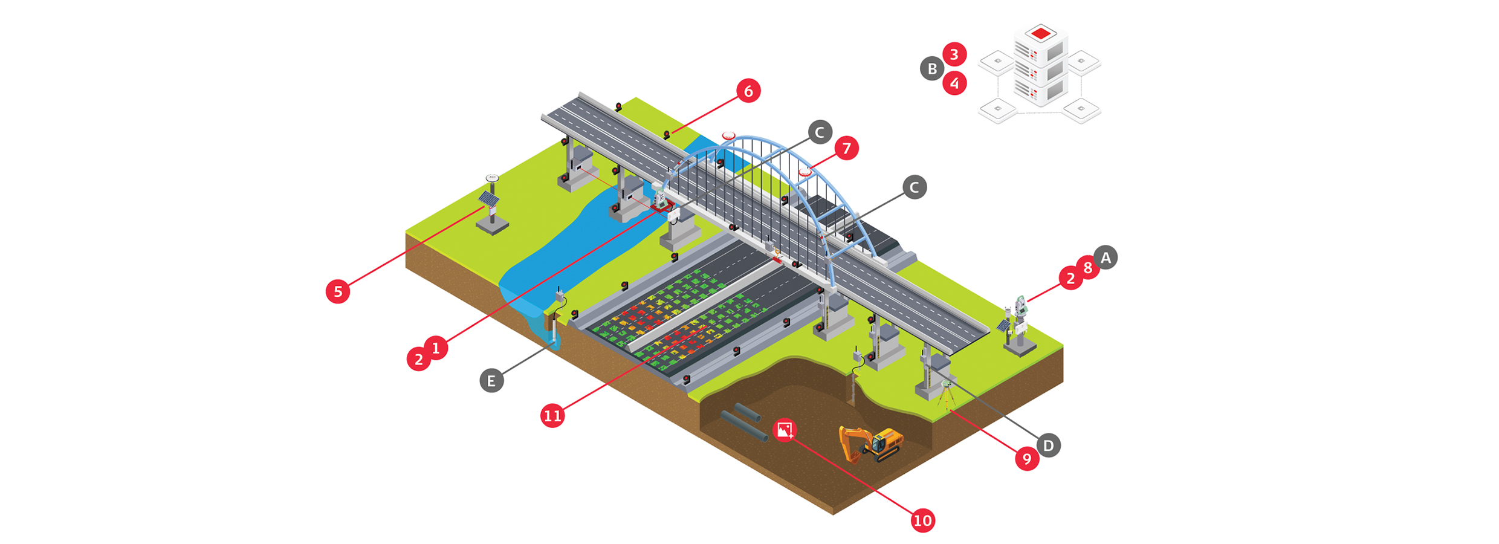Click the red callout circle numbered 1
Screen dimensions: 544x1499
(x=436, y=348)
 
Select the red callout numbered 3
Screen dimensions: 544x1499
(x=954, y=54)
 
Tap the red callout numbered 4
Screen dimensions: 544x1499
(x=954, y=83)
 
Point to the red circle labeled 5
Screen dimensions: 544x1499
(x=338, y=291)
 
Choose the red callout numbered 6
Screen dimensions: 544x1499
(x=748, y=91)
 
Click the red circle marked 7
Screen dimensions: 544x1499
(x=846, y=148)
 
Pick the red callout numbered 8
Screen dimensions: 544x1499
(x=1087, y=268)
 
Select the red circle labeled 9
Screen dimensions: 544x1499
(x=1027, y=459)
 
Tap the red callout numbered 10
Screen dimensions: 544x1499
(x=922, y=520)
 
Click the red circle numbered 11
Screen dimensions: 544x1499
(x=552, y=416)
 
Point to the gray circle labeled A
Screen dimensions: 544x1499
(x=1106, y=258)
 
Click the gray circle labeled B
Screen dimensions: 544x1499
(x=932, y=69)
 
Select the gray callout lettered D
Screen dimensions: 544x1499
(x=1049, y=446)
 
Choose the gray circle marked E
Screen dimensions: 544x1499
(x=491, y=381)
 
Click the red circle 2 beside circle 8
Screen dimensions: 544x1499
(x=1070, y=279)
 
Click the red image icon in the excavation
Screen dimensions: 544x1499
(x=785, y=430)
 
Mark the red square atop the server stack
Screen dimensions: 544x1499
(x=1040, y=33)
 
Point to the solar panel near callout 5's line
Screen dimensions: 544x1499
(x=488, y=198)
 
